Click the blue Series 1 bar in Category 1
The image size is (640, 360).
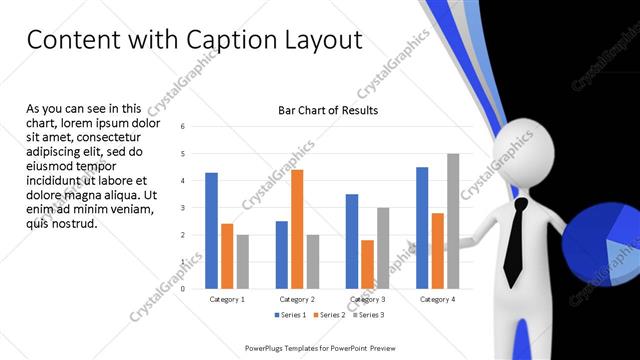(x=211, y=231)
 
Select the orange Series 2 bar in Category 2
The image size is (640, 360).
(x=297, y=229)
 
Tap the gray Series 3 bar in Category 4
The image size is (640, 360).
(x=453, y=221)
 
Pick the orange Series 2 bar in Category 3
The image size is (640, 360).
(x=367, y=264)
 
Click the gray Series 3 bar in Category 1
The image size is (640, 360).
(x=243, y=262)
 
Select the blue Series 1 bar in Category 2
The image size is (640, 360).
(x=281, y=255)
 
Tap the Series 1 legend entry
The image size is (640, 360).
(x=290, y=316)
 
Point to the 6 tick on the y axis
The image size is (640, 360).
(x=183, y=127)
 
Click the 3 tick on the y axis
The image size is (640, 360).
(x=183, y=208)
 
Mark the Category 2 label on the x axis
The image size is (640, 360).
(x=297, y=299)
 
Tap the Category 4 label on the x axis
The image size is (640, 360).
(x=437, y=299)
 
